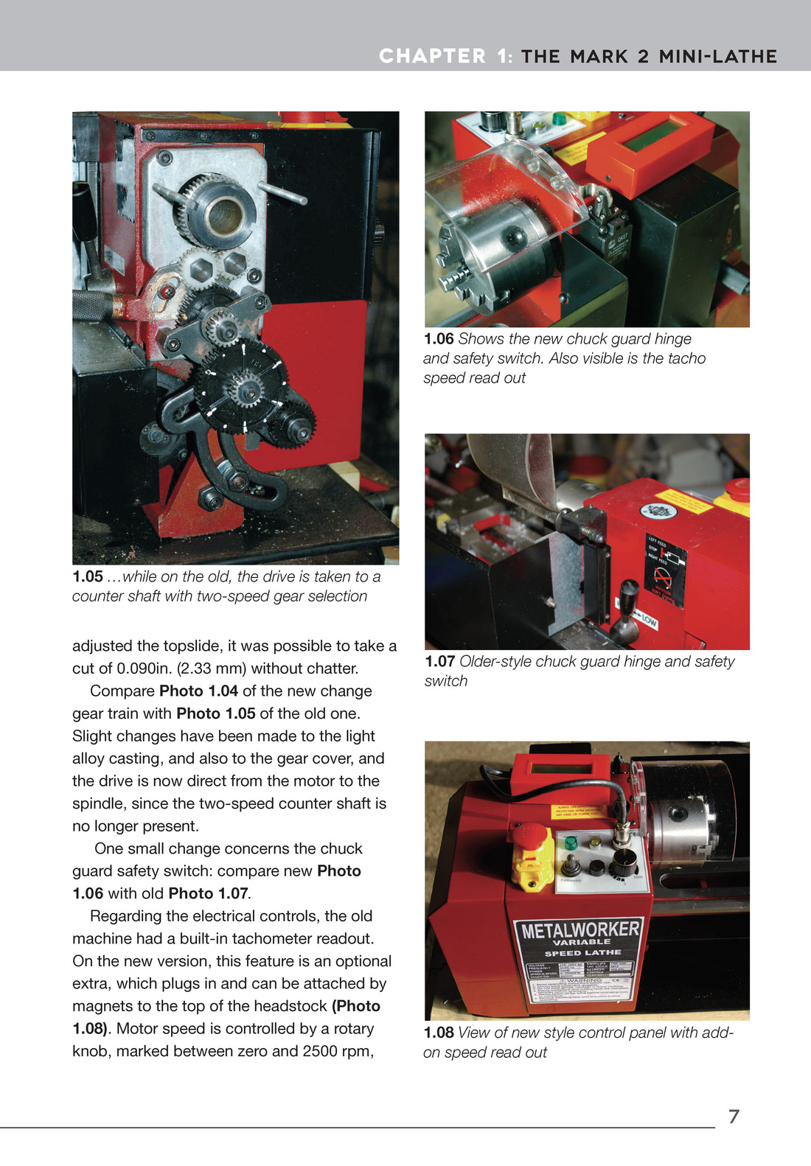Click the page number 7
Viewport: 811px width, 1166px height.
pos(733,1116)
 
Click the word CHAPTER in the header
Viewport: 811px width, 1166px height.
pos(432,57)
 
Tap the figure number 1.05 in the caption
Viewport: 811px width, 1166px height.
pos(87,577)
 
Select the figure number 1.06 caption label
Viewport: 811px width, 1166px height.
pos(439,339)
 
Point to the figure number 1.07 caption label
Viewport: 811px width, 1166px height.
pos(439,662)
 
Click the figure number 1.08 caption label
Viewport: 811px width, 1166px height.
pos(439,1033)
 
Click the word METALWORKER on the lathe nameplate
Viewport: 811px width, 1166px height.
pos(580,929)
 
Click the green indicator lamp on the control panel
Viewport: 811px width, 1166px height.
pos(570,842)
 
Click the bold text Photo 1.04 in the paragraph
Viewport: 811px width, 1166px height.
pos(198,691)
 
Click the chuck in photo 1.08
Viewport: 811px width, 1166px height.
pos(683,825)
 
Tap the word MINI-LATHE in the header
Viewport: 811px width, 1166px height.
pos(717,57)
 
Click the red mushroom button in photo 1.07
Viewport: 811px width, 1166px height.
pos(737,487)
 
